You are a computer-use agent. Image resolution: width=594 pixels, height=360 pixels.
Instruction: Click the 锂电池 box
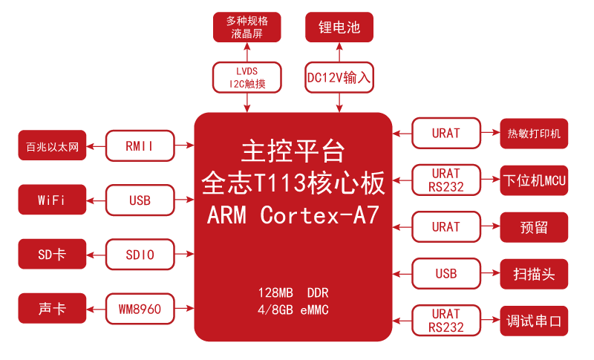(x=339, y=27)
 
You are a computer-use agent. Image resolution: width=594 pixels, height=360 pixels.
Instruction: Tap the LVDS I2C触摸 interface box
(x=247, y=77)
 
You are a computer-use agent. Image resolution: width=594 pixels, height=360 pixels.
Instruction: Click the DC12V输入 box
(x=339, y=77)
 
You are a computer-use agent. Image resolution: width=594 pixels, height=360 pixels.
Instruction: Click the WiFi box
(x=52, y=200)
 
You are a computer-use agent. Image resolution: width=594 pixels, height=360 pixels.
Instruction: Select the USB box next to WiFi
(x=140, y=200)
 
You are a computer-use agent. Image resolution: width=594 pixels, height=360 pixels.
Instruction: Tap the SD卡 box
(x=52, y=255)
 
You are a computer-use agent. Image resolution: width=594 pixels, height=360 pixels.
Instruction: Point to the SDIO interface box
(x=140, y=255)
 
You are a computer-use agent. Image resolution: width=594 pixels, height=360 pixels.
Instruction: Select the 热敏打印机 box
(x=534, y=134)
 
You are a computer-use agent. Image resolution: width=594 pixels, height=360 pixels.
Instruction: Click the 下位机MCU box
(x=534, y=180)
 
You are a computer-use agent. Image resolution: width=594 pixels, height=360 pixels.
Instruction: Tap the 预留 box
(x=534, y=227)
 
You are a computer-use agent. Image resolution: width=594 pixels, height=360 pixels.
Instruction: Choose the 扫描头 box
(x=534, y=274)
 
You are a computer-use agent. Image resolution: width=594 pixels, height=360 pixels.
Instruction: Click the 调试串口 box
(x=534, y=321)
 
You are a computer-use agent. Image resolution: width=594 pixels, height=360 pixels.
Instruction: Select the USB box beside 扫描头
(x=446, y=274)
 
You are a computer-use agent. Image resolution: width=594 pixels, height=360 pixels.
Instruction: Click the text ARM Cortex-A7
(x=293, y=215)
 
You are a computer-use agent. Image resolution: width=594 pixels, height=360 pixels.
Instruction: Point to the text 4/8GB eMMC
(x=293, y=309)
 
